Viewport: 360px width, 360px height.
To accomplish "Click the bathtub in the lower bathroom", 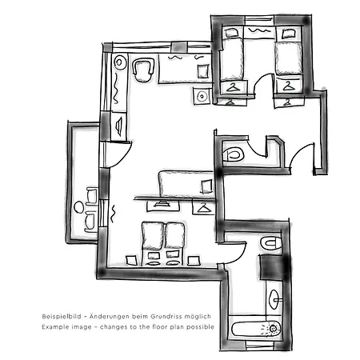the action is [x=257, y=329].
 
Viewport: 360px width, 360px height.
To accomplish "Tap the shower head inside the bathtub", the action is [x=273, y=329].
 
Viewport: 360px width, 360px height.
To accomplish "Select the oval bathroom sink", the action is [x=274, y=299].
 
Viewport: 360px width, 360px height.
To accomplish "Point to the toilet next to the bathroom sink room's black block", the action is [x=271, y=242].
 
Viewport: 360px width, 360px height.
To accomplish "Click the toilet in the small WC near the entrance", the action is [x=234, y=155].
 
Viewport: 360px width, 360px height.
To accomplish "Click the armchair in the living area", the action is [x=143, y=70].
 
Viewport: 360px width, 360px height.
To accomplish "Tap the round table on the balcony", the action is [x=79, y=207].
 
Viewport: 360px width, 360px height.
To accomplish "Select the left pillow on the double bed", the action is [x=153, y=236].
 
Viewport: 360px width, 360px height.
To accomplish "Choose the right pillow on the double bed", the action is [x=174, y=235].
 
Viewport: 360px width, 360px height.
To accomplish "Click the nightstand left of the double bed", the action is [x=131, y=260].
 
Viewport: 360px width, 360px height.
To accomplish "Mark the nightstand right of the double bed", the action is [x=194, y=261].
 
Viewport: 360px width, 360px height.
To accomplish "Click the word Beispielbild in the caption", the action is [x=62, y=317].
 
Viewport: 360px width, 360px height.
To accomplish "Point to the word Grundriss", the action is [x=163, y=317].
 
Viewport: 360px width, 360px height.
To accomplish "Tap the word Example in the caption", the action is [x=53, y=327].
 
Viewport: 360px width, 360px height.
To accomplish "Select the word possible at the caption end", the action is [x=200, y=327].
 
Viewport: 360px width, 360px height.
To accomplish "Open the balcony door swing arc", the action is [x=123, y=158].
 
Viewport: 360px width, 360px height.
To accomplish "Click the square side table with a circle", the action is [x=202, y=96].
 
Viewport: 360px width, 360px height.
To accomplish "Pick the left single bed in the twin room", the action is [x=232, y=58].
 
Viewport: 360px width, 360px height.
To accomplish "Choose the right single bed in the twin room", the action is [x=289, y=58].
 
